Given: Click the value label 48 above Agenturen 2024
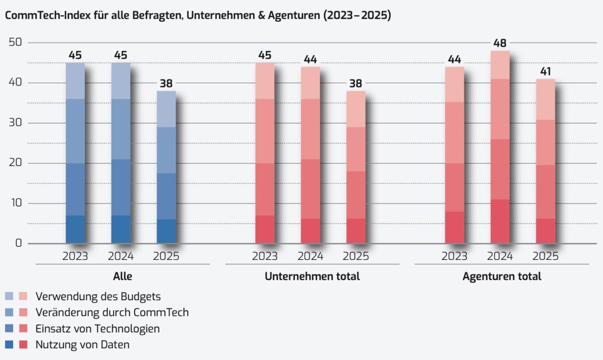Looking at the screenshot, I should tap(499, 43).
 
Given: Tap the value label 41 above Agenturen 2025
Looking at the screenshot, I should tap(545, 71).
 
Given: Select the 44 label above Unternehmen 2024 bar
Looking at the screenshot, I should tap(310, 59).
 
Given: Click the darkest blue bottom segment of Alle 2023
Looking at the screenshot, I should tap(75, 230).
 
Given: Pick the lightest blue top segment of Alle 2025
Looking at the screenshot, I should tap(166, 109).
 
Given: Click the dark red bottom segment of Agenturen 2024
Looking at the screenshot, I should tap(499, 222).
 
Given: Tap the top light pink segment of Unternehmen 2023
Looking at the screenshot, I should tap(265, 81).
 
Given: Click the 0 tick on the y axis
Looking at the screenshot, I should tap(19, 244).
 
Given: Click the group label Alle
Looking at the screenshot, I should tap(123, 277).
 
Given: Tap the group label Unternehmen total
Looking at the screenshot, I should tap(312, 277).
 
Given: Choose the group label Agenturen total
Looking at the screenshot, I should tap(501, 277).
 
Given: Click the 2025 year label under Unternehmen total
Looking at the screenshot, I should tap(356, 256).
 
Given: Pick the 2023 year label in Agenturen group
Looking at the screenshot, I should tap(454, 256).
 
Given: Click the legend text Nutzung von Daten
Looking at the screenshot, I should tap(82, 345).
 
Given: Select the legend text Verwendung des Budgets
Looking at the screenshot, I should tap(98, 296).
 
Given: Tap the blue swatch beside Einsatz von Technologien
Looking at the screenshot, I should tap(10, 329).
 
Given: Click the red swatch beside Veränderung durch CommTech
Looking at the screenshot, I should tap(23, 312).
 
